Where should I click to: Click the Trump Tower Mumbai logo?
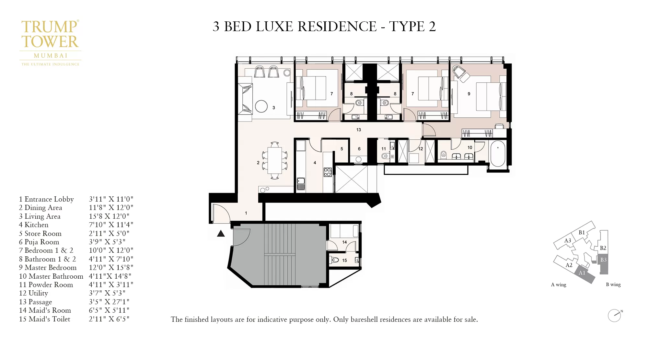point(50,42)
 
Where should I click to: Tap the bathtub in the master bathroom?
point(498,154)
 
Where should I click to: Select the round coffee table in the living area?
point(261,106)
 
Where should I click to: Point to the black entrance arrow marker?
point(221,233)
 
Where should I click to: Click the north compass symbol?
point(614,315)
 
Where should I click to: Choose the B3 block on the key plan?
point(603,260)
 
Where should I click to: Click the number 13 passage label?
point(358,130)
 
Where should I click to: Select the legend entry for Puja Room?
point(39,242)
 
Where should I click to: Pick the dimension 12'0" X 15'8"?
point(111,268)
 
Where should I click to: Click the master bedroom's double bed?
point(490,97)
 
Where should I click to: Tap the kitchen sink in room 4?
point(301,183)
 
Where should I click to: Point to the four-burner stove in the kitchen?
point(327,172)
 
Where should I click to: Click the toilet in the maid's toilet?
point(335,260)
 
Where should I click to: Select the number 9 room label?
point(469,94)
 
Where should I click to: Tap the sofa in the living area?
point(245,99)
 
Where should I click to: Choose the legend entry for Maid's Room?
point(45,310)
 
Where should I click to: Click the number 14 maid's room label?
point(344,242)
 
